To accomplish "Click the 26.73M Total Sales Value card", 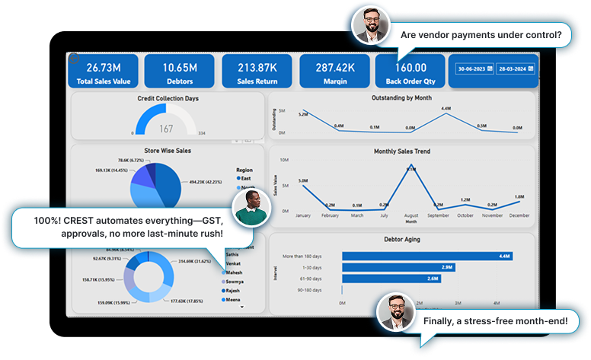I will click(x=104, y=72).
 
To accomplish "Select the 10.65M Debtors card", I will click(x=180, y=72).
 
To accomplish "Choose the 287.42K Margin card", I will click(x=334, y=72).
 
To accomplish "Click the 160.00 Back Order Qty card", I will click(x=410, y=72).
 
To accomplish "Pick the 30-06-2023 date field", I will click(x=474, y=69).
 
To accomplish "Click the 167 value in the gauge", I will click(x=166, y=129).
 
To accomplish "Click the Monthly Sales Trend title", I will click(x=402, y=151).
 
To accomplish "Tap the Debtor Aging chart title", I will click(x=402, y=239).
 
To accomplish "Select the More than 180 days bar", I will click(x=426, y=256).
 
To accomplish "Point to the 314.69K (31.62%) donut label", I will click(x=196, y=260).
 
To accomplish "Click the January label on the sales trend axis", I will click(x=303, y=216).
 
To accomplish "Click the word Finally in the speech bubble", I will click(x=438, y=322).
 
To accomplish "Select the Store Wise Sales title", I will click(x=166, y=151).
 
